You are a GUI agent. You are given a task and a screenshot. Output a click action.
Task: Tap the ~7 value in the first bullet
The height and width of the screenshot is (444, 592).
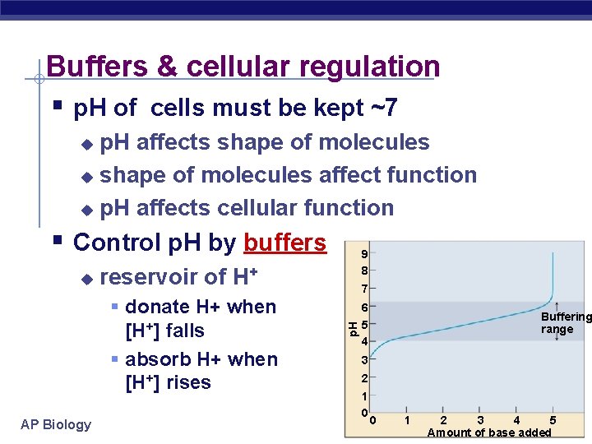[381, 108]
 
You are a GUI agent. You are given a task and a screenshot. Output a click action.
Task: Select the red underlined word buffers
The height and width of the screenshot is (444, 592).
[284, 243]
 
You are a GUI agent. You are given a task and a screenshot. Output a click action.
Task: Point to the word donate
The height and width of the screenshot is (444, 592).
[158, 308]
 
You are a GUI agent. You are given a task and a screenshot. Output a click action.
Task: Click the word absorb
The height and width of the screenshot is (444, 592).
[160, 360]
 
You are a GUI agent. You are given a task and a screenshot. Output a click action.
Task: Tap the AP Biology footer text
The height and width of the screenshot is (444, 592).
[56, 424]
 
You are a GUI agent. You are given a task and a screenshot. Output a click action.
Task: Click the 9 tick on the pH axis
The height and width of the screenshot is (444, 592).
[363, 254]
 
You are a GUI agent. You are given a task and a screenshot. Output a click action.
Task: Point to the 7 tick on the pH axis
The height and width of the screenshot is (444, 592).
[363, 289]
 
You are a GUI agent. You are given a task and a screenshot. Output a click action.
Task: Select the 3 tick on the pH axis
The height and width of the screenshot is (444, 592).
[363, 360]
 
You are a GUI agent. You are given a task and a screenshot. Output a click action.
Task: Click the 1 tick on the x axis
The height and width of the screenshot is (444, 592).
[407, 421]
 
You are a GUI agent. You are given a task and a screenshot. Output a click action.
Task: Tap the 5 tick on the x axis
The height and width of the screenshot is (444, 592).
[553, 421]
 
